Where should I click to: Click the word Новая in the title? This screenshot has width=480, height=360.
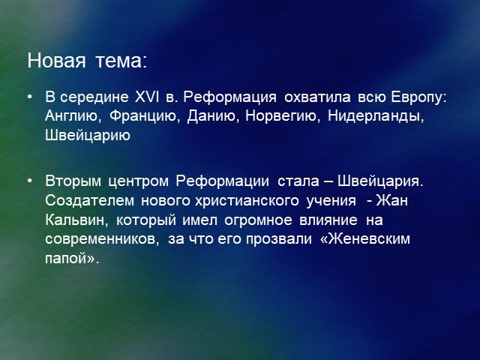tap(56, 60)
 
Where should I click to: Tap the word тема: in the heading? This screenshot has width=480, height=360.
tap(121, 61)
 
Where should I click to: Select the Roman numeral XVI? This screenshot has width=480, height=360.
tap(147, 97)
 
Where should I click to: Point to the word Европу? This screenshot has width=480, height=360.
tap(418, 97)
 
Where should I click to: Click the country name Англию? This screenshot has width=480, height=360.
tap(73, 117)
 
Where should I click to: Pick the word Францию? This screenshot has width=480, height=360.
tap(145, 117)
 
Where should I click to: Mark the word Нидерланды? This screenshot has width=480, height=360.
tap(376, 117)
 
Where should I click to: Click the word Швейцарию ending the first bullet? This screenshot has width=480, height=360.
tap(88, 136)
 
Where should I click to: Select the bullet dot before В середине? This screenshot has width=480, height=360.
tap(30, 97)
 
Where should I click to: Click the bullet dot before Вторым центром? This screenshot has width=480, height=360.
tap(30, 181)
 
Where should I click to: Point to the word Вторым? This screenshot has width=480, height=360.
tap(73, 181)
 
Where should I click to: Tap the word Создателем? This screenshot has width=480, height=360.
tap(90, 201)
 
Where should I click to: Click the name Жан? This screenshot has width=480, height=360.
tap(392, 200)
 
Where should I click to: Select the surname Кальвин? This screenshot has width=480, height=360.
tap(76, 220)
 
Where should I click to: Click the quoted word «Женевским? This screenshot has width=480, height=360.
tap(365, 238)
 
